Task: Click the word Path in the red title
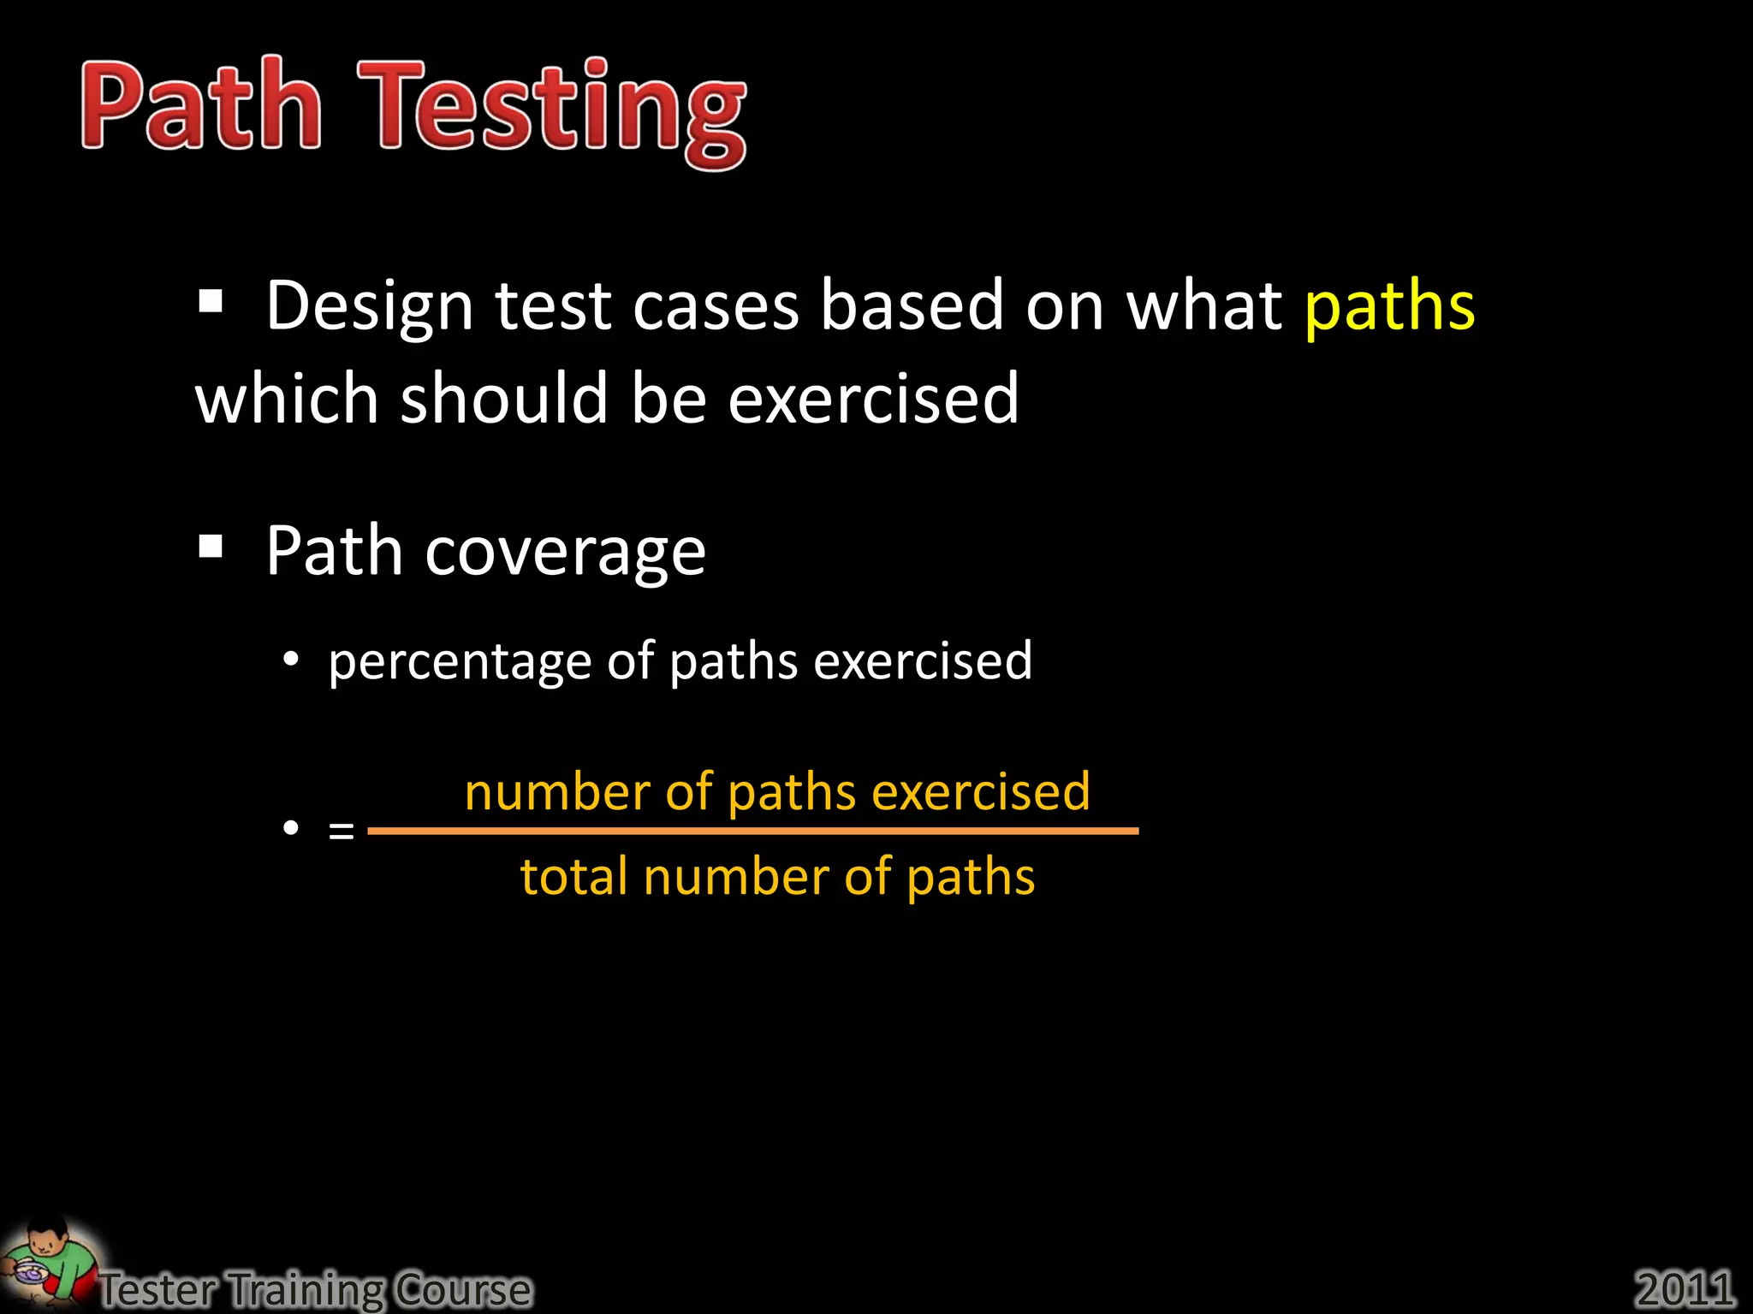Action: tap(201, 105)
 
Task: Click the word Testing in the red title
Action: tap(552, 111)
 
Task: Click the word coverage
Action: tap(565, 553)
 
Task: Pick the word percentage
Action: tap(460, 662)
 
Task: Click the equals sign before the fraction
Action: tap(341, 830)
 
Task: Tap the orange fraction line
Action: tap(753, 830)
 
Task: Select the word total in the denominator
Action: tap(573, 877)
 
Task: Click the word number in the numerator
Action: tap(557, 791)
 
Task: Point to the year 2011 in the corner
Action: tap(1684, 1287)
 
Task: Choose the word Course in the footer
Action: tap(463, 1288)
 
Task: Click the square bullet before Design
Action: tap(211, 301)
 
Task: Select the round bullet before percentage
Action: tap(291, 660)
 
